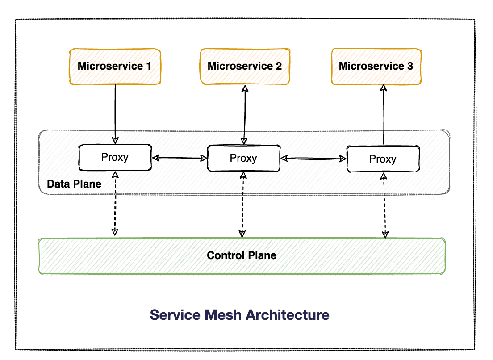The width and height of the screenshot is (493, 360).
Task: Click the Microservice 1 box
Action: point(115,67)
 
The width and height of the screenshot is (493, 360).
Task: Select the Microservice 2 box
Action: point(245,67)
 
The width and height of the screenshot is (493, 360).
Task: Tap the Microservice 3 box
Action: point(376,67)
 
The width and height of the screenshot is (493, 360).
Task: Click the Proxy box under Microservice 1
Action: point(115,158)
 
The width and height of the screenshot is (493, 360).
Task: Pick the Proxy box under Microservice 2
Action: point(244,158)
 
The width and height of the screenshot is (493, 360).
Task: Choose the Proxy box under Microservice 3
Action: point(383,159)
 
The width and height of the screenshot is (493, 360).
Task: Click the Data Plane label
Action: point(74,184)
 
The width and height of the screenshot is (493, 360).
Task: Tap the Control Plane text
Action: point(242,255)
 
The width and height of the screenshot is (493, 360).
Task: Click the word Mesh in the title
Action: point(223,315)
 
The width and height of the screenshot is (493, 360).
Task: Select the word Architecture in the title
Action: point(288,315)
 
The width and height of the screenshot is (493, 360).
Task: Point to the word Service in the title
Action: point(175,315)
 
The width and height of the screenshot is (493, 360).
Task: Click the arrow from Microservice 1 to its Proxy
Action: point(115,114)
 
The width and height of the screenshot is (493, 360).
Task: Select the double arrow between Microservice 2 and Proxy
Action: point(245,115)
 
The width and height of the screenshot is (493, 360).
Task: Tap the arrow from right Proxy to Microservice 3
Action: point(383,115)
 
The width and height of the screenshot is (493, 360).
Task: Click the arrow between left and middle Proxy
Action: point(180,158)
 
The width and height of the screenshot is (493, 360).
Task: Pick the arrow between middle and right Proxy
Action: point(313,159)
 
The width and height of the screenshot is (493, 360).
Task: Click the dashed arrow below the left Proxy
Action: point(115,203)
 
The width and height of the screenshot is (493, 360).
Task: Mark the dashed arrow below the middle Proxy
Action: point(243,205)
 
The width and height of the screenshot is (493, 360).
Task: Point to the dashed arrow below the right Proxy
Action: point(384,205)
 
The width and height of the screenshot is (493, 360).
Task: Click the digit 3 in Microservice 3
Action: point(410,66)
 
